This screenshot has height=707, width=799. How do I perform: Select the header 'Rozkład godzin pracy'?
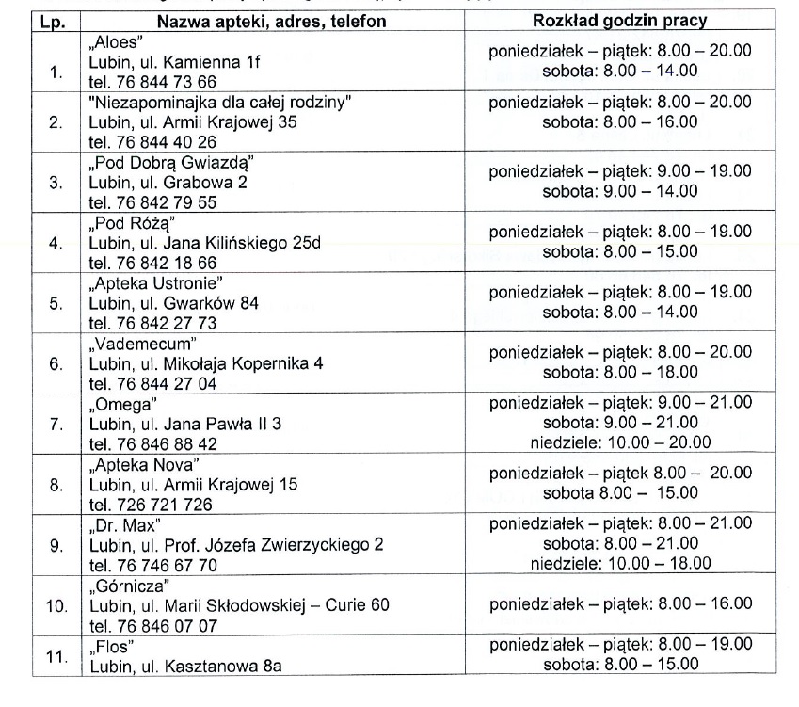coord(620,21)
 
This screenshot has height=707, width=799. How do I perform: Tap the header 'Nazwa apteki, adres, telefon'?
coord(271,21)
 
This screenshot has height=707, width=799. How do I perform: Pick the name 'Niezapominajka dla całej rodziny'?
coord(225,102)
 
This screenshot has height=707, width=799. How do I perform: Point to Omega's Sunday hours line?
coord(619,442)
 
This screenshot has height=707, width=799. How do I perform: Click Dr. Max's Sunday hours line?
coord(619,563)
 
